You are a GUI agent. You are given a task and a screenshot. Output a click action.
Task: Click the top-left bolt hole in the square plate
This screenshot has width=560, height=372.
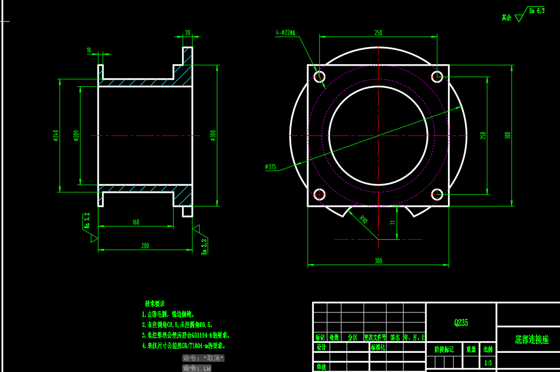319,77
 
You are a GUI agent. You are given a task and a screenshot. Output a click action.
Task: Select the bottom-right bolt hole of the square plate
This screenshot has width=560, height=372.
437,194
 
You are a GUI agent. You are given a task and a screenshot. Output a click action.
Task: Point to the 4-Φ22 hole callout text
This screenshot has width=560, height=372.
286,33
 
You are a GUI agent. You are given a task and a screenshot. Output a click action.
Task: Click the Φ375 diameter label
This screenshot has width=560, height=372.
270,167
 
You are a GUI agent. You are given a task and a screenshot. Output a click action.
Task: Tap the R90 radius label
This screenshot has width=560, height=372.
363,220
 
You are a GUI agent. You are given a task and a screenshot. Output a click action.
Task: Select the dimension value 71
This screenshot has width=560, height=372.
393,223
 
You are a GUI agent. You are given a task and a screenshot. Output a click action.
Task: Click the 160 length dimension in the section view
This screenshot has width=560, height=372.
136,222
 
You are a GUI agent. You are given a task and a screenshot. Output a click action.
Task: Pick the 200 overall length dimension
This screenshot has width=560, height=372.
145,246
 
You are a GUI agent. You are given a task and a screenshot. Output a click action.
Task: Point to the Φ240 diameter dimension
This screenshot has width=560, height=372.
55,135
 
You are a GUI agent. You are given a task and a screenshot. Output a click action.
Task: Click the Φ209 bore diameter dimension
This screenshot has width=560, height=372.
76,135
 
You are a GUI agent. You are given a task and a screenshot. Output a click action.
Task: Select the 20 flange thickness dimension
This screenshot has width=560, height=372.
188,33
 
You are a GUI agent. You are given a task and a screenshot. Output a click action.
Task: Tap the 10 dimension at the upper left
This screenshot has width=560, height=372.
89,50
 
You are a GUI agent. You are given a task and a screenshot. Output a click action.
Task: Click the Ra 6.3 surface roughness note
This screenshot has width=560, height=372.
536,11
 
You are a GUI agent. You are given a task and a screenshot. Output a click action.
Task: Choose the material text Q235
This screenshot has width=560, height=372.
461,323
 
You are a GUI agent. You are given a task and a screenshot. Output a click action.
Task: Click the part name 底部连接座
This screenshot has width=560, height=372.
532,340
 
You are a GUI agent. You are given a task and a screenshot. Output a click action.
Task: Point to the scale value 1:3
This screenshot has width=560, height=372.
488,362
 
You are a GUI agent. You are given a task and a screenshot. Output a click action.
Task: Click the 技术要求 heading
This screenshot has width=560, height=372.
155,304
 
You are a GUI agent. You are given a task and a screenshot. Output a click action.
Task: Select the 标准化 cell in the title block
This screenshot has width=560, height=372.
378,347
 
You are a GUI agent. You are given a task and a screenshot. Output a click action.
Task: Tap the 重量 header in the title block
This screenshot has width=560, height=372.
471,349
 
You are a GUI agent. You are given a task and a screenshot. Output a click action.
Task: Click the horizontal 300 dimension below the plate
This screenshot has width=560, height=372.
378,261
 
